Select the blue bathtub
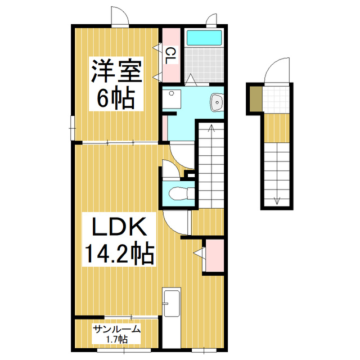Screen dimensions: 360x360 click(x=204, y=38)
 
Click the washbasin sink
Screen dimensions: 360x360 click(x=217, y=102)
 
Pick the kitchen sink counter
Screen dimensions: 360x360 click(x=171, y=318)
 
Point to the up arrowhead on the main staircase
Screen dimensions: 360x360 click(x=211, y=128)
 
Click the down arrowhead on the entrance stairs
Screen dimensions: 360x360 click(x=277, y=200)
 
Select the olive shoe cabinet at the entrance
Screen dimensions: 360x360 click(x=255, y=100)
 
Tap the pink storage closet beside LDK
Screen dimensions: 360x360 click(x=214, y=255)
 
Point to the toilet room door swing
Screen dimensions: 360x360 click(x=170, y=167)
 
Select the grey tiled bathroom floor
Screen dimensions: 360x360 click(x=204, y=64)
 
